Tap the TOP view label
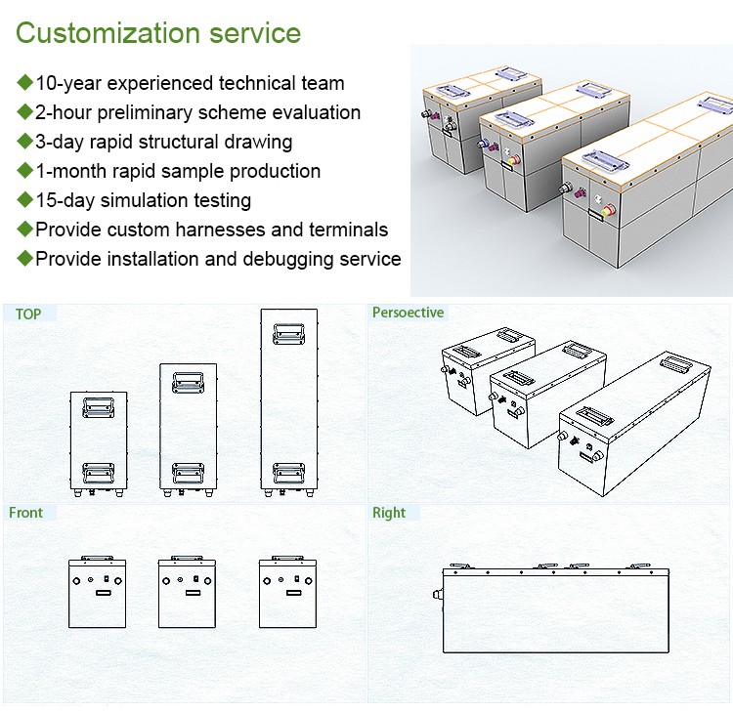[x=28, y=314]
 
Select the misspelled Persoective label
[x=408, y=314]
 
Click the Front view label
[x=25, y=513]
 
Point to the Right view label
[x=389, y=513]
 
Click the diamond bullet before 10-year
[x=24, y=83]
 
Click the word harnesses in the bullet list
[x=256, y=230]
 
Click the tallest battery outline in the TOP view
[x=289, y=400]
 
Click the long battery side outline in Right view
[x=556, y=610]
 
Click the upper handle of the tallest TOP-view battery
[x=289, y=332]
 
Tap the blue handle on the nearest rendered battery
[x=598, y=157]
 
